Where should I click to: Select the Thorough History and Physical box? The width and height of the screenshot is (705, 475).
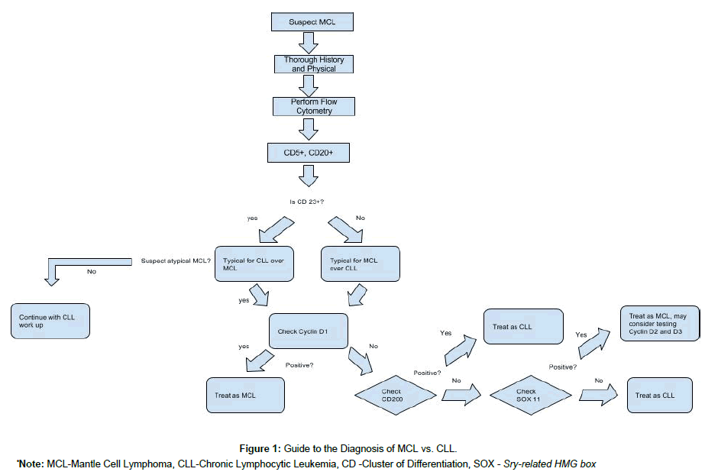point(314,64)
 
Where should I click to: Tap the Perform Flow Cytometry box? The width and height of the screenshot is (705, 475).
point(314,106)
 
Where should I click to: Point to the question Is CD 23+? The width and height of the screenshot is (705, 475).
point(308,202)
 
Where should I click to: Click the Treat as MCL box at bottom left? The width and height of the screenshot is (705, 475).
point(244,395)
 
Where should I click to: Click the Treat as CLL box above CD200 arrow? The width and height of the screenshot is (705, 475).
point(522,326)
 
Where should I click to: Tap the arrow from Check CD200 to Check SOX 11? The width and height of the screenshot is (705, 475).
point(461,394)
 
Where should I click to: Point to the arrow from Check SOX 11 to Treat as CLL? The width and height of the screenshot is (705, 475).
point(598,394)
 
